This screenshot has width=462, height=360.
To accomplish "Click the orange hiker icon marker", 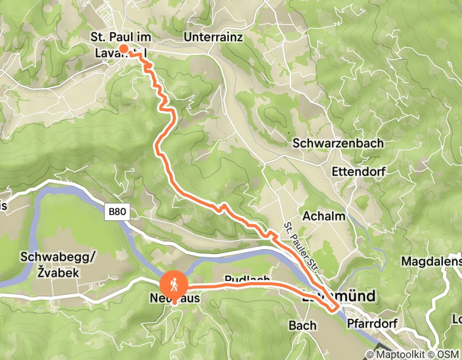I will (174, 284).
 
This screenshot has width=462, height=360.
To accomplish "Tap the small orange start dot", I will (124, 49).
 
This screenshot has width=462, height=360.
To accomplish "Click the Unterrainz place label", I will (212, 38).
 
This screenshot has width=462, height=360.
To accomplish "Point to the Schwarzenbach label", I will (339, 143).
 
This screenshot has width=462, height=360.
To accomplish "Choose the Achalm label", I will (324, 216).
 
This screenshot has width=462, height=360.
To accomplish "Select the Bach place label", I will (299, 325).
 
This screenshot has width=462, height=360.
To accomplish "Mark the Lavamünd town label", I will (339, 297).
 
